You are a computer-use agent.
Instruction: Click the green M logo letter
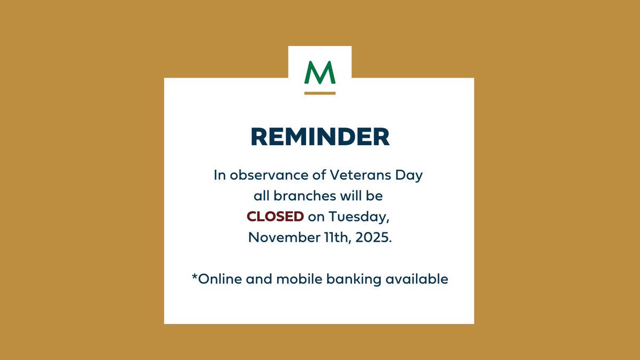[319, 73]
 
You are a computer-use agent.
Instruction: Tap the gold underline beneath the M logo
[319, 93]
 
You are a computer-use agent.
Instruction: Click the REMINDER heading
[320, 137]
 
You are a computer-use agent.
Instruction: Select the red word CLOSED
[275, 217]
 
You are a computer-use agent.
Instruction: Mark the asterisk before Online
[195, 276]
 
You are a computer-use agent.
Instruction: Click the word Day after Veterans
[411, 175]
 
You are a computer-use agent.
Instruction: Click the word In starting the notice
[220, 175]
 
